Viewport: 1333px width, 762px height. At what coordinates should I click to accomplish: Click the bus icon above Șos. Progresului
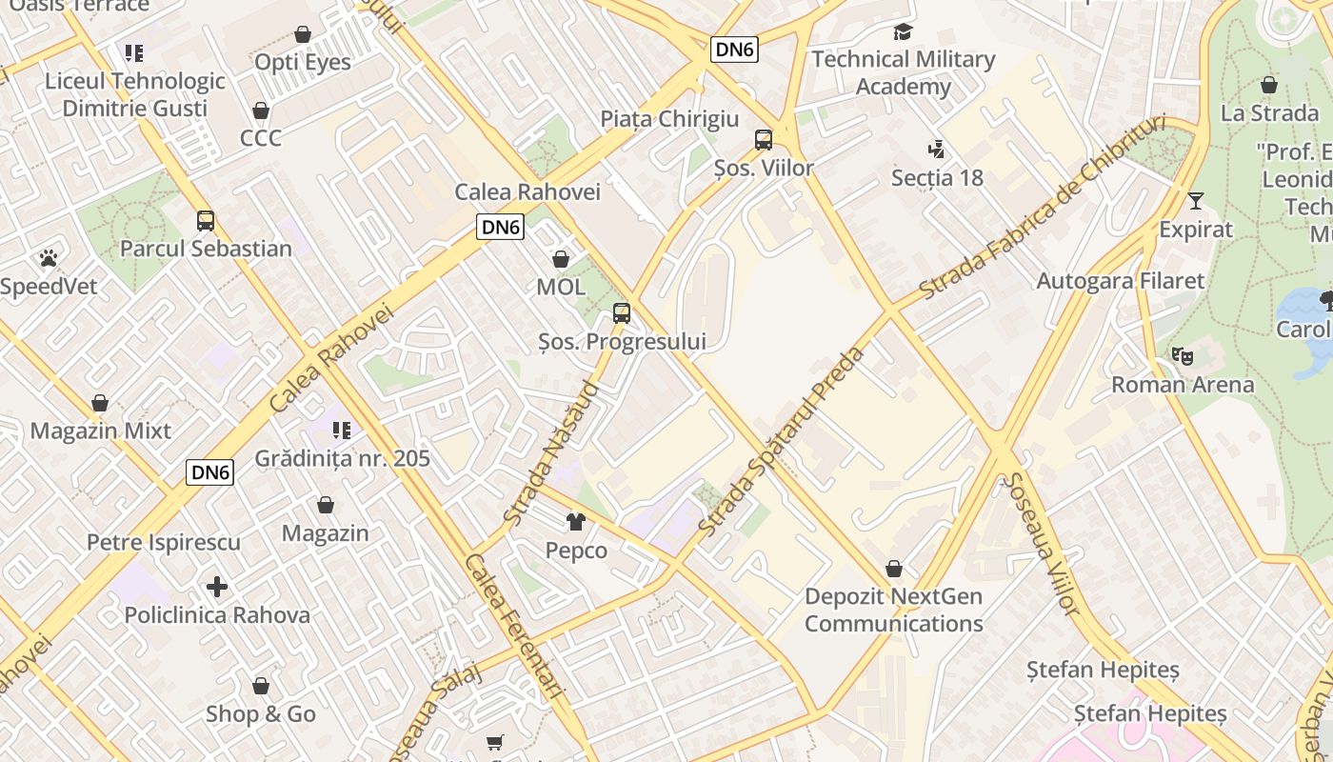622,312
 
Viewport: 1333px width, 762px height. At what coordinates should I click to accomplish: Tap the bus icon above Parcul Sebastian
206,221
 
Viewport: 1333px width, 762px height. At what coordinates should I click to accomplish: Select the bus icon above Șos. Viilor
764,140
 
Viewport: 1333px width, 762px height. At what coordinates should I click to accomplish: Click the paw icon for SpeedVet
49,258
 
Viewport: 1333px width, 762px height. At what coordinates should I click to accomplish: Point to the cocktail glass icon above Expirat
1196,201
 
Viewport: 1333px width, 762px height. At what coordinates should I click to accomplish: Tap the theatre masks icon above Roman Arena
1183,356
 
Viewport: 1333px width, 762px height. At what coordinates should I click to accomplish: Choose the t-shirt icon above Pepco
576,522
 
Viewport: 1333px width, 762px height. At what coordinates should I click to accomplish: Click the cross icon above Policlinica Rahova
217,587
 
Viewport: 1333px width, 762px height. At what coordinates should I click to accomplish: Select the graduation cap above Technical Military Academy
903,31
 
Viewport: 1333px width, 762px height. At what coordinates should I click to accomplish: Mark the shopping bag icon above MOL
561,259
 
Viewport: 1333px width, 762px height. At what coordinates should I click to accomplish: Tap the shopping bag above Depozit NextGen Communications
893,569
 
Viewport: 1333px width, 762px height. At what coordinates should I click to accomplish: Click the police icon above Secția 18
937,150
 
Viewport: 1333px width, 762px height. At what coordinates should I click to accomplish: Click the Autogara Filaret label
1120,281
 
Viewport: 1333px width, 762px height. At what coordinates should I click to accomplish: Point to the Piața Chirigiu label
669,119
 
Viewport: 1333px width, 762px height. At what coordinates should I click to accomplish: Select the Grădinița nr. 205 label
342,458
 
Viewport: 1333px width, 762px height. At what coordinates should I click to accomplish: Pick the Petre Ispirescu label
164,542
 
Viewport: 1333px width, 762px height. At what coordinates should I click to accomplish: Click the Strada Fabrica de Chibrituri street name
1042,207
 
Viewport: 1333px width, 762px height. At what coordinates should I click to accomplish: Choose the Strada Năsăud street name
551,453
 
